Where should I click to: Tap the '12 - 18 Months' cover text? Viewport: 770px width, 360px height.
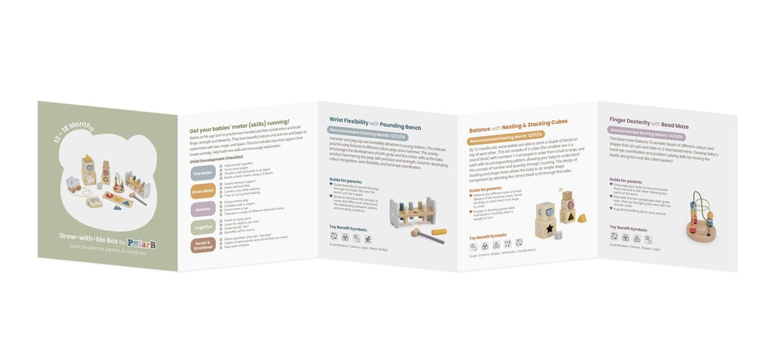pyautogui.click(x=74, y=135)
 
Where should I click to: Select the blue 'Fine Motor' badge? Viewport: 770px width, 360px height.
pyautogui.click(x=203, y=172)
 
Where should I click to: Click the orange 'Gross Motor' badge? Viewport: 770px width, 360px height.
pyautogui.click(x=203, y=191)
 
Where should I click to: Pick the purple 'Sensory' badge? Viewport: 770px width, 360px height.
pyautogui.click(x=203, y=209)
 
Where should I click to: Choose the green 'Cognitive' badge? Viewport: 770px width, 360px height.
pyautogui.click(x=203, y=228)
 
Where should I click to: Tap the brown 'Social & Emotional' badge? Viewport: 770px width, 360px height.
pyautogui.click(x=203, y=246)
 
